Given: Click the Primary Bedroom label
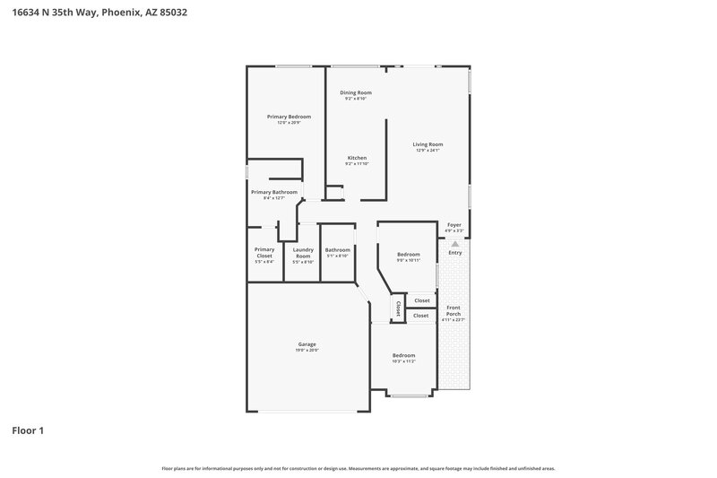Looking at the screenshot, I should [x=289, y=117].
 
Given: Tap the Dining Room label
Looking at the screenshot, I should [x=355, y=92].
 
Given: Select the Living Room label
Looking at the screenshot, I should [x=428, y=144].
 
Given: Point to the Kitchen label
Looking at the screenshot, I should [x=357, y=158].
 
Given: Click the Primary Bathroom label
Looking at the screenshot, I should [x=273, y=192].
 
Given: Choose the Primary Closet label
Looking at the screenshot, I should [x=263, y=252].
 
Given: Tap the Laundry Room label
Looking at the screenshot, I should [x=303, y=252].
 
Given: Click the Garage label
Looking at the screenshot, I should [x=307, y=344].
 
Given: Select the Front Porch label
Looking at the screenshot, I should [x=454, y=310].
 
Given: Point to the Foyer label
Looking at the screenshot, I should [x=454, y=225].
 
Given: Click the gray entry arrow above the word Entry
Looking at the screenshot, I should [x=454, y=243].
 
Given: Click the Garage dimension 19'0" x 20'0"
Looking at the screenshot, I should [x=307, y=351].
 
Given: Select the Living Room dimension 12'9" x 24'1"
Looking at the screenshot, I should [x=428, y=151].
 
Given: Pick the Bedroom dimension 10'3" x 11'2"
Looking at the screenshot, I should [x=403, y=362].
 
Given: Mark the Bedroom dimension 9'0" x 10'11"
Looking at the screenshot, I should [x=409, y=260].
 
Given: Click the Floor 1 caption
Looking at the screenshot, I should [x=27, y=430].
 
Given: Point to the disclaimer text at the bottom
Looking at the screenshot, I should [x=358, y=468].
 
